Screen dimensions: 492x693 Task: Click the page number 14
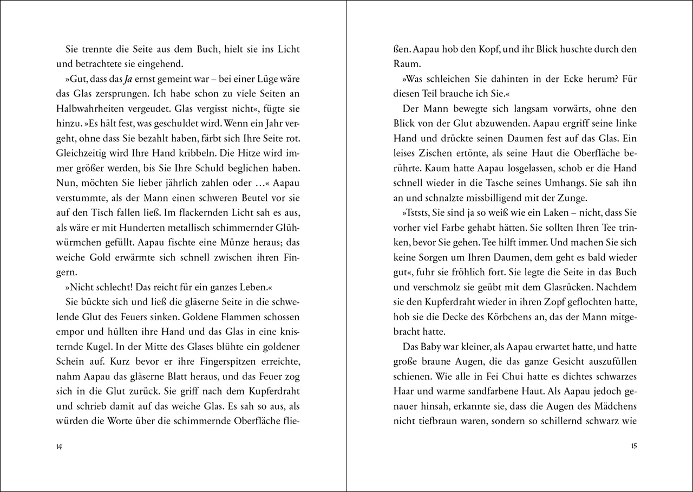click(x=59, y=446)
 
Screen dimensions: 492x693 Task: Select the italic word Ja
click(x=127, y=79)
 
